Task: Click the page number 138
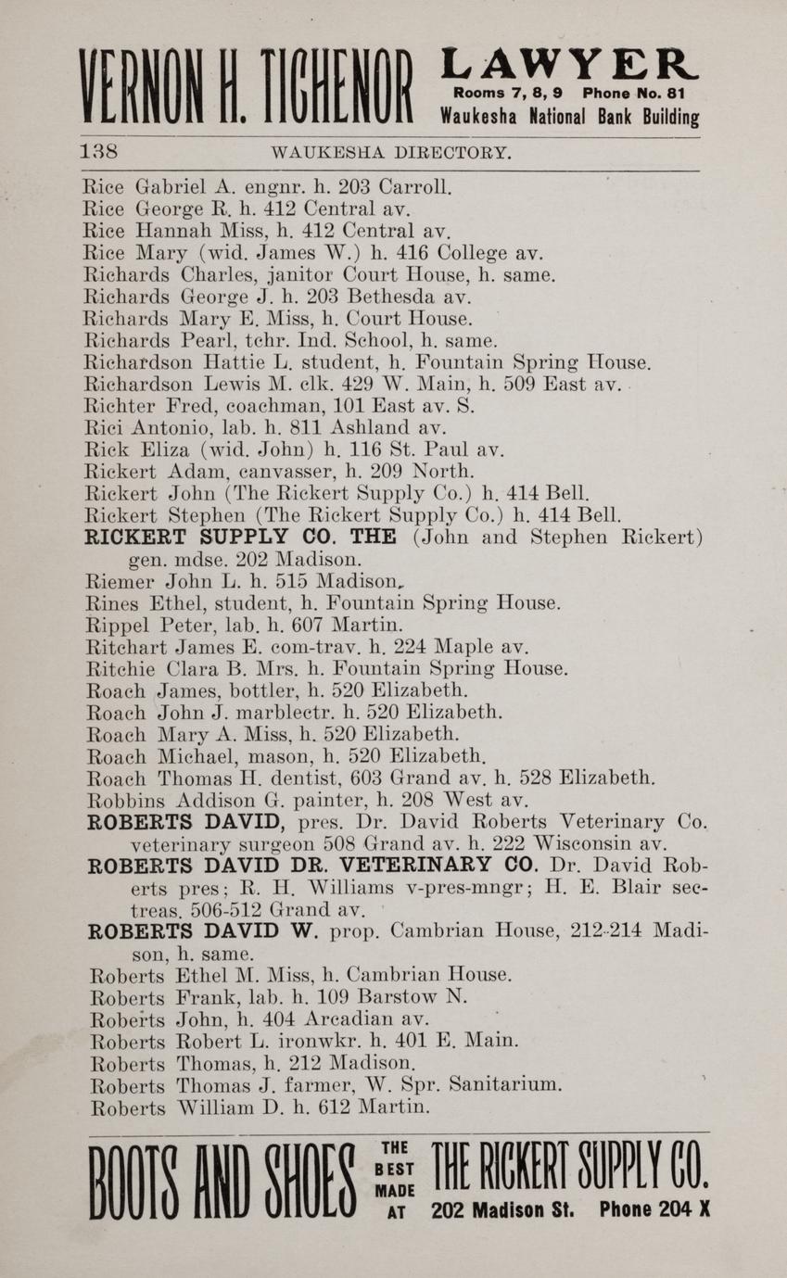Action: (97, 151)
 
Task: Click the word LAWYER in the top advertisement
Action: (568, 66)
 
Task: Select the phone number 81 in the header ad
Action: (689, 94)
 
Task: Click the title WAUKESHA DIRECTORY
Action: (389, 152)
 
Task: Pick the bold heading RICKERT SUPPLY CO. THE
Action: (241, 538)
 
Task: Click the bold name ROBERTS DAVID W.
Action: (203, 930)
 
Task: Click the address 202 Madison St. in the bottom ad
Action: (502, 1209)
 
